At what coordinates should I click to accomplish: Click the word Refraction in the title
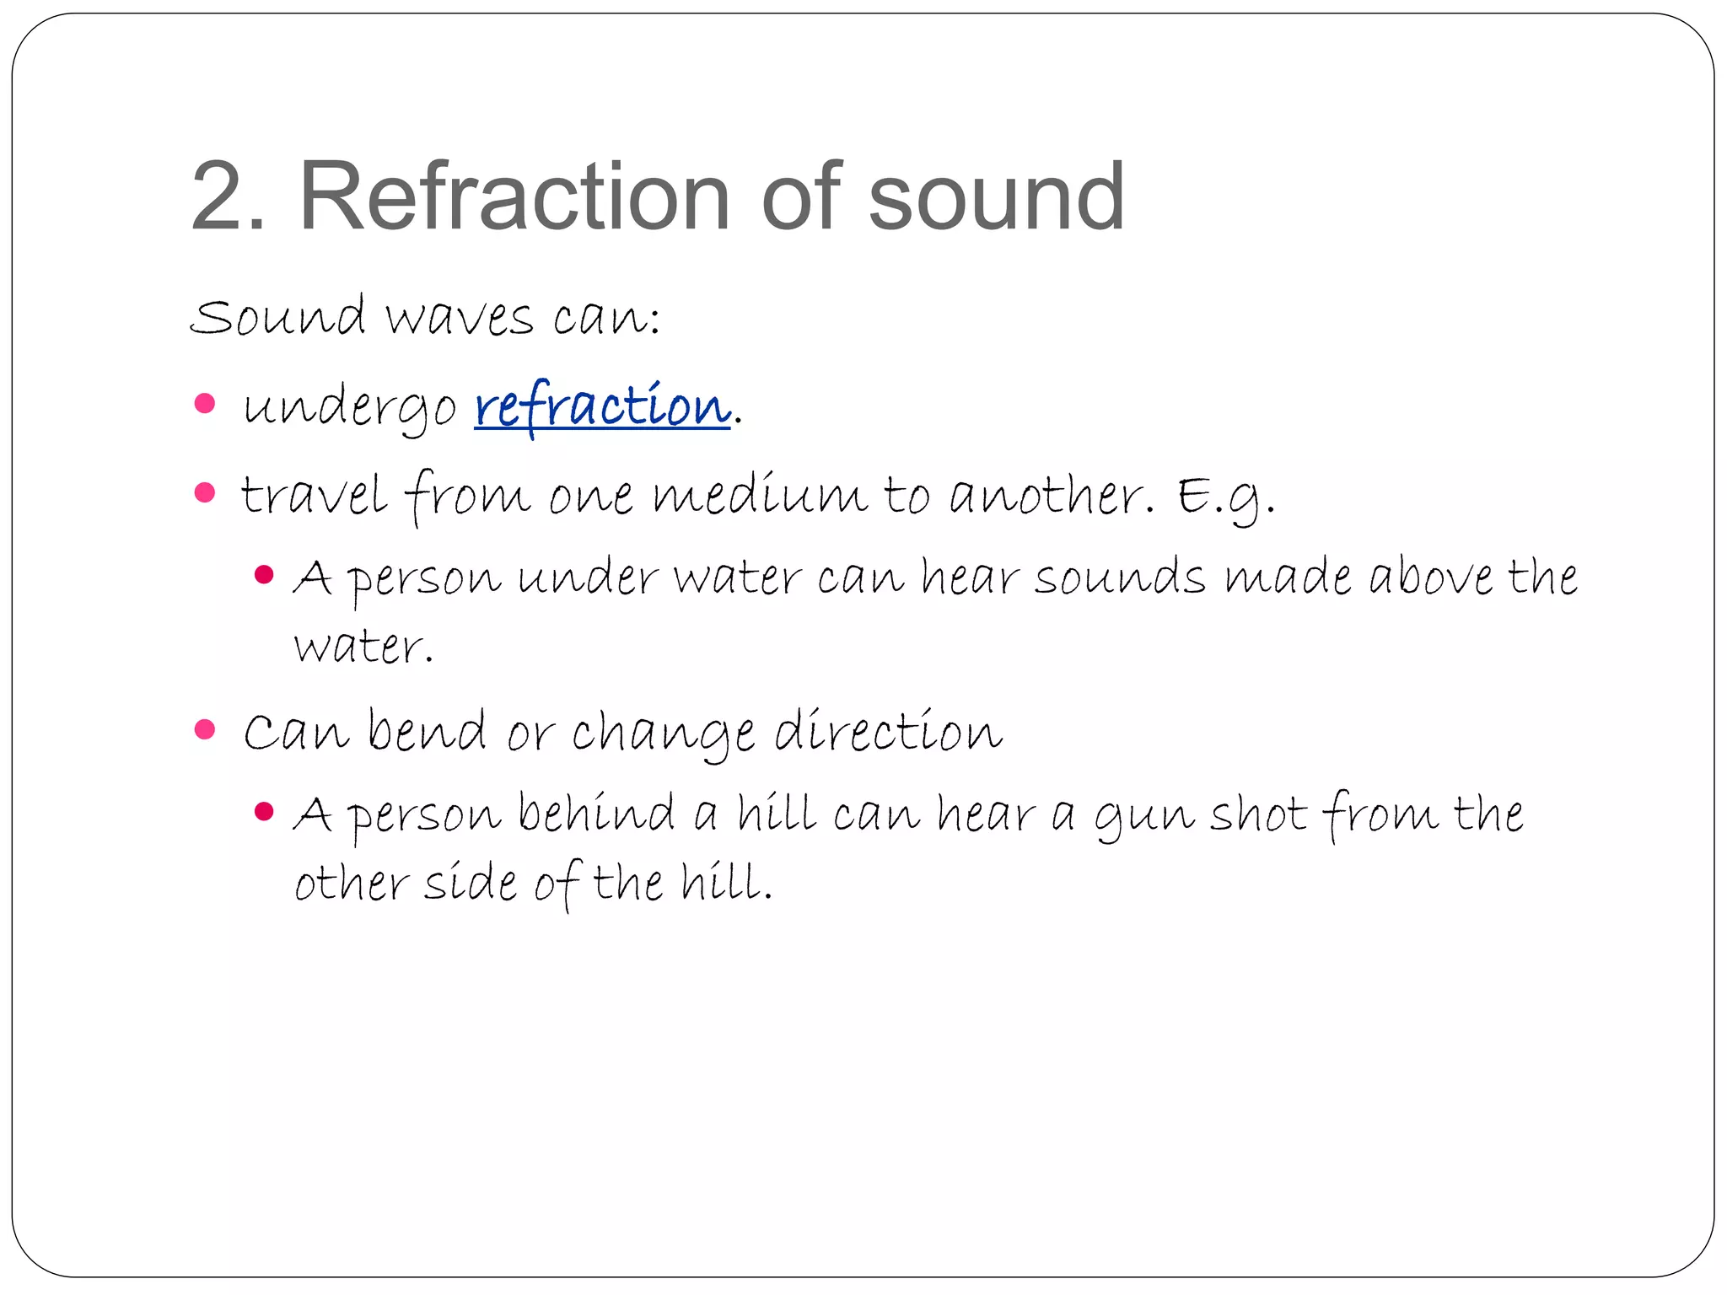tap(514, 197)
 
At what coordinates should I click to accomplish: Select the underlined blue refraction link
tap(602, 407)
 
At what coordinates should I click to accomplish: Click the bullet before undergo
tap(205, 403)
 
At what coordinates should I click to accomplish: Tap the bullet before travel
tap(205, 492)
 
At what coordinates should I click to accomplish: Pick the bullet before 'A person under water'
tap(264, 575)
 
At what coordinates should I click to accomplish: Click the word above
tap(1431, 578)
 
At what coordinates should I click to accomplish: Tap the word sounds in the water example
tap(1120, 578)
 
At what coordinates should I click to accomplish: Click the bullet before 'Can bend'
tap(205, 728)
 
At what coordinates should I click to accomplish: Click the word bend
tap(427, 730)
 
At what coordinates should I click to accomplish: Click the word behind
tap(596, 814)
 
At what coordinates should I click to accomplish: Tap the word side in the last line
tap(470, 884)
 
